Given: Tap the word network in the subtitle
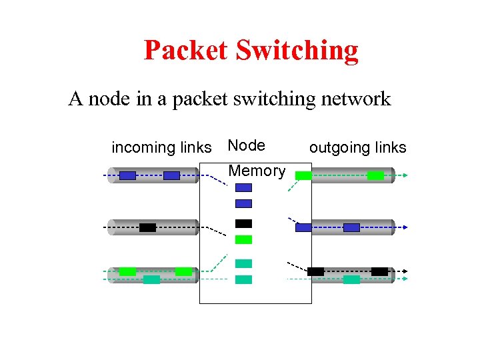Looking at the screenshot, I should pyautogui.click(x=355, y=99).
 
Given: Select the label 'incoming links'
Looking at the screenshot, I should pyautogui.click(x=161, y=147).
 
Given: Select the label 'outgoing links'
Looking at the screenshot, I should pyautogui.click(x=357, y=147).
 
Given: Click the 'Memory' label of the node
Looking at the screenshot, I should pyautogui.click(x=257, y=171).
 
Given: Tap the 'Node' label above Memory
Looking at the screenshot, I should pyautogui.click(x=246, y=145).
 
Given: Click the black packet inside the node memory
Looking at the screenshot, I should pyautogui.click(x=244, y=223).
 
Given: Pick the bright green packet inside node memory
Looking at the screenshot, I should pyautogui.click(x=244, y=239).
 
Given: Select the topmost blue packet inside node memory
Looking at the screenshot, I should pyautogui.click(x=244, y=188).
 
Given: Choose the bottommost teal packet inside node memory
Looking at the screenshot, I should pyautogui.click(x=244, y=279).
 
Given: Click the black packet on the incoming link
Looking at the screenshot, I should pyautogui.click(x=147, y=227).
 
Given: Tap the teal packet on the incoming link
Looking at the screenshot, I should pyautogui.click(x=151, y=279).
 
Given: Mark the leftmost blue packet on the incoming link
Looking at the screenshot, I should pyautogui.click(x=127, y=175).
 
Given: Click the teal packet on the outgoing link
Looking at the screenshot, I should pyautogui.click(x=351, y=279).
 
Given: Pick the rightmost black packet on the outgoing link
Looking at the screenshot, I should pyautogui.click(x=379, y=271).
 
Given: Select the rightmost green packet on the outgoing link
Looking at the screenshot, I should pyautogui.click(x=375, y=175).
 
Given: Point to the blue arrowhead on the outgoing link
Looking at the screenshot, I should pyautogui.click(x=404, y=227).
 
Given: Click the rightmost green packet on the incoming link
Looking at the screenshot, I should pyautogui.click(x=183, y=271).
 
